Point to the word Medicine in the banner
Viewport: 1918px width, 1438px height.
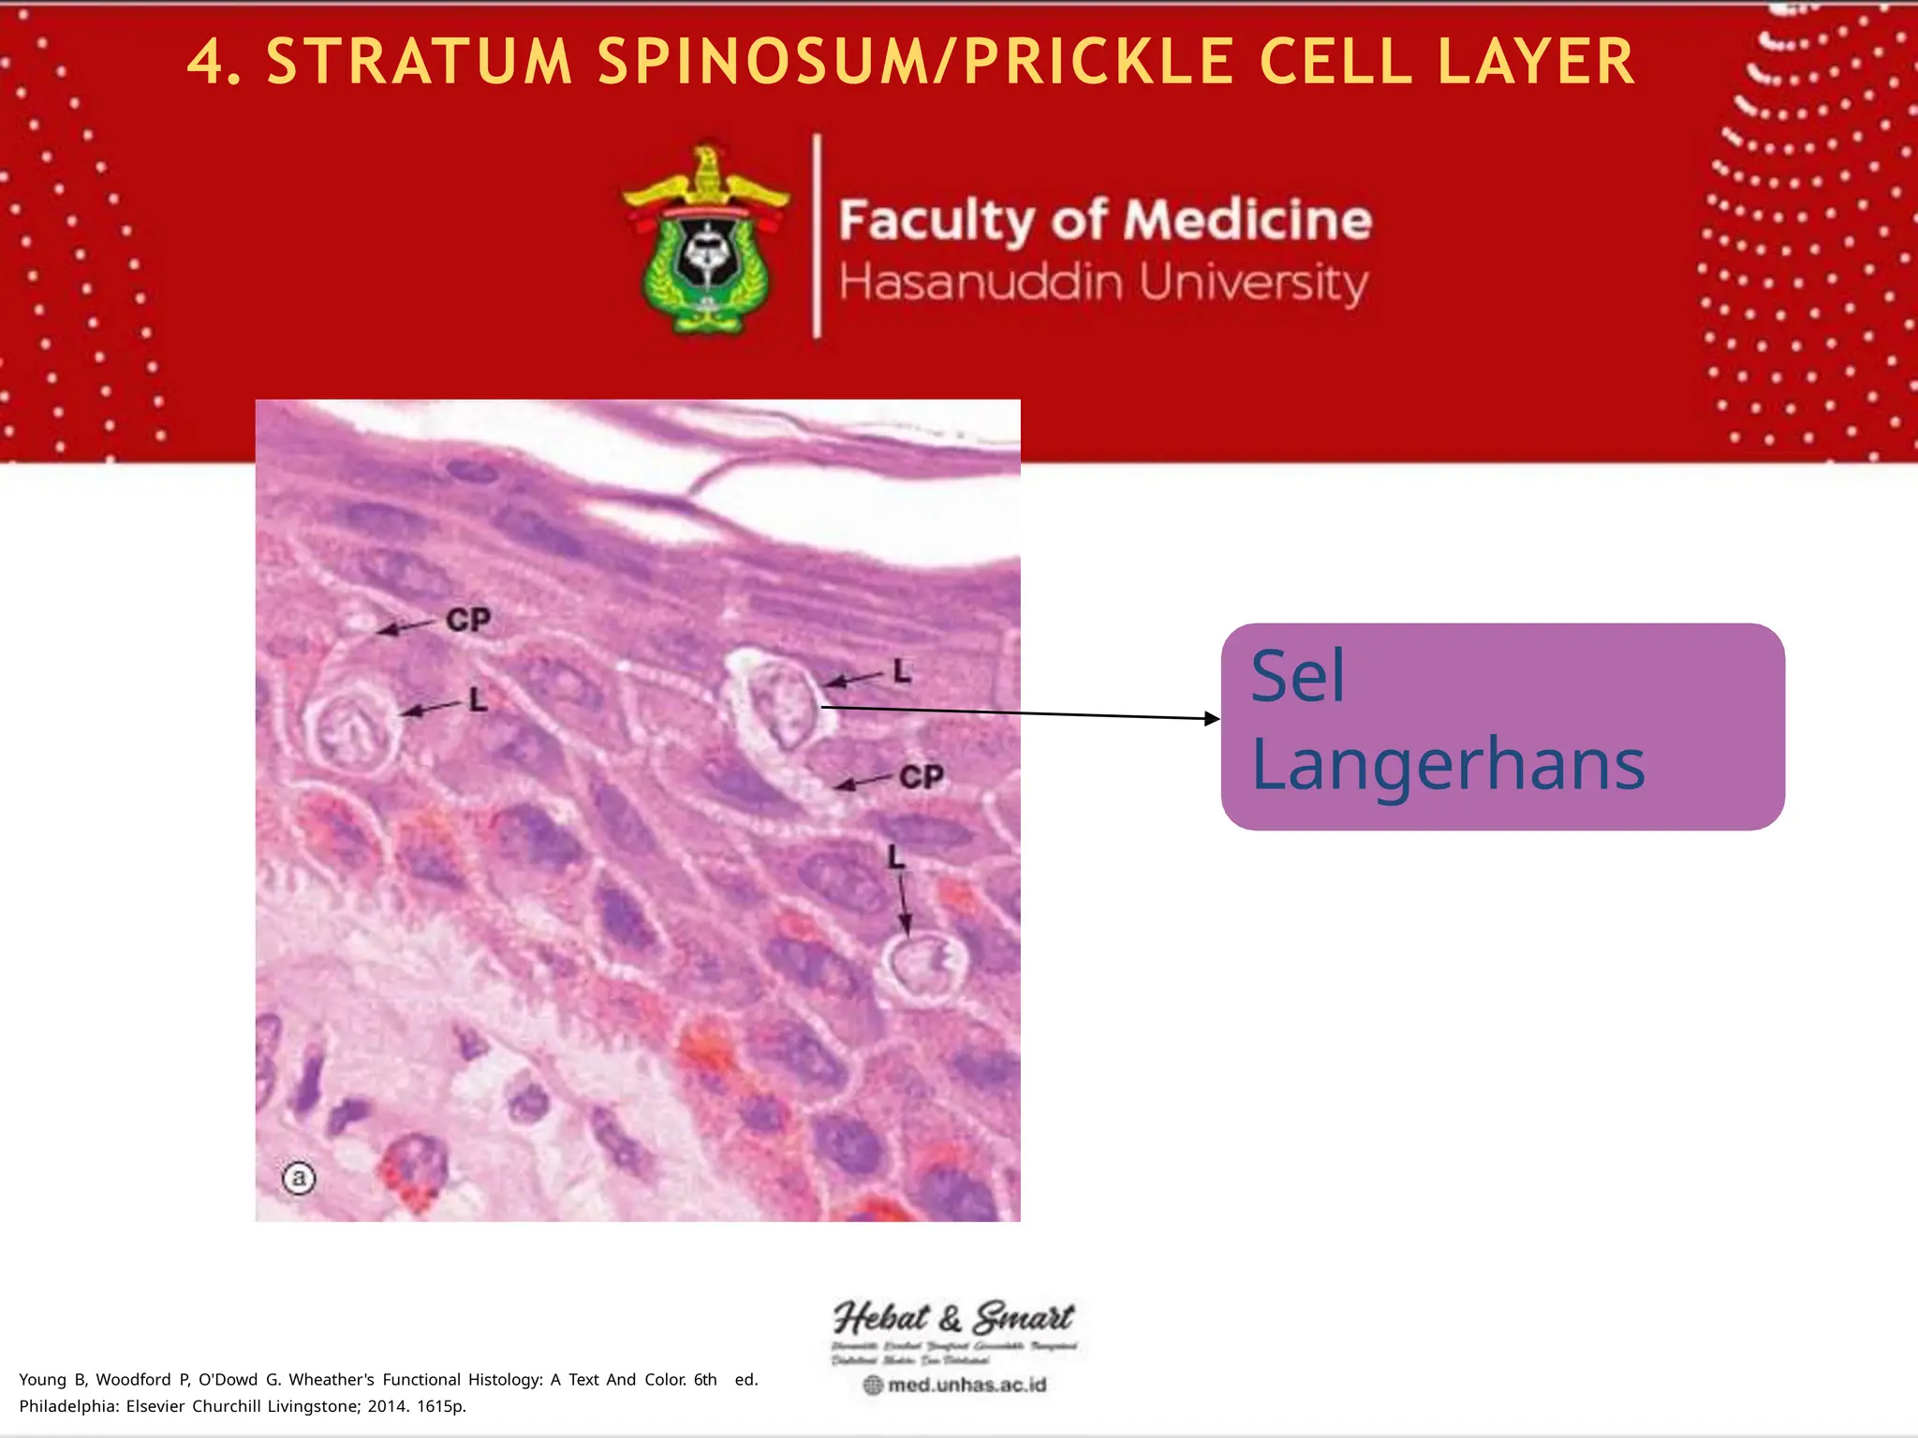(x=1247, y=221)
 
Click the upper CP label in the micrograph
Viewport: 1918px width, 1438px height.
(x=468, y=620)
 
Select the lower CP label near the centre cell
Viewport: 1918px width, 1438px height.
(x=922, y=777)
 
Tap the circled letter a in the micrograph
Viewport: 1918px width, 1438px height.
(x=299, y=1177)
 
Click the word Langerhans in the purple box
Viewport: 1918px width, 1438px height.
(x=1448, y=764)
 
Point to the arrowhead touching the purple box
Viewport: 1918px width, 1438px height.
(x=1212, y=719)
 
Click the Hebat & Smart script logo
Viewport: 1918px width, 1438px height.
(x=953, y=1318)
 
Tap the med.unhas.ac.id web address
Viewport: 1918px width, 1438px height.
(x=966, y=1385)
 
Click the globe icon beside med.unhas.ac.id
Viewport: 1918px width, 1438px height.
(x=873, y=1385)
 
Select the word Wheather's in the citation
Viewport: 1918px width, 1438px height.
(x=332, y=1380)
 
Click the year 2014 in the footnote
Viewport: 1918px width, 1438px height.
(x=388, y=1406)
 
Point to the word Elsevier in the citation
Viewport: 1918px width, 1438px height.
(x=155, y=1406)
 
